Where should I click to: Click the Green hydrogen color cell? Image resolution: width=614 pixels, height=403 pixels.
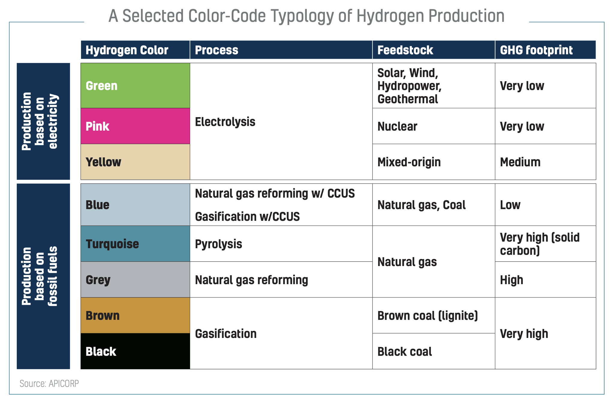135,86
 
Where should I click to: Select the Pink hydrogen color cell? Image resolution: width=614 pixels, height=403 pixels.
135,126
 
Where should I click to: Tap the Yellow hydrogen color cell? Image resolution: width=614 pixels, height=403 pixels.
135,162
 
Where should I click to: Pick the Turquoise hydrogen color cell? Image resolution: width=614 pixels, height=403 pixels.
135,244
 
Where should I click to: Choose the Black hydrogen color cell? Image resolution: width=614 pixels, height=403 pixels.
135,351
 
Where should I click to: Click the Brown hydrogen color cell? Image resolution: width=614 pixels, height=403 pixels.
135,316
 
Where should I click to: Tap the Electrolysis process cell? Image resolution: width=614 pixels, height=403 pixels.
281,122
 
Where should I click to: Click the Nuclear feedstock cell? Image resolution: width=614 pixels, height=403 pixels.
433,126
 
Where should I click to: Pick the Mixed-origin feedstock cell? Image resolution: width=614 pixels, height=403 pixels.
433,162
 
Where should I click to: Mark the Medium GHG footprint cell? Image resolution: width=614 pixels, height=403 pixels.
545,162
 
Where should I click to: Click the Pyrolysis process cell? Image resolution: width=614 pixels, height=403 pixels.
281,244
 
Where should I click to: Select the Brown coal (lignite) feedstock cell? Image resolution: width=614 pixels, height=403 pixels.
433,316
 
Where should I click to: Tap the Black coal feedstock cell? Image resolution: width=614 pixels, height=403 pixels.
433,351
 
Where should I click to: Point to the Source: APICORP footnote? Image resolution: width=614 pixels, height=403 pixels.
49,384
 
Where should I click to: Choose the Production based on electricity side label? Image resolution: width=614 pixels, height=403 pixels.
43,121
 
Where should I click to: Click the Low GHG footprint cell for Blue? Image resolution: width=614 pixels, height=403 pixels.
545,205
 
